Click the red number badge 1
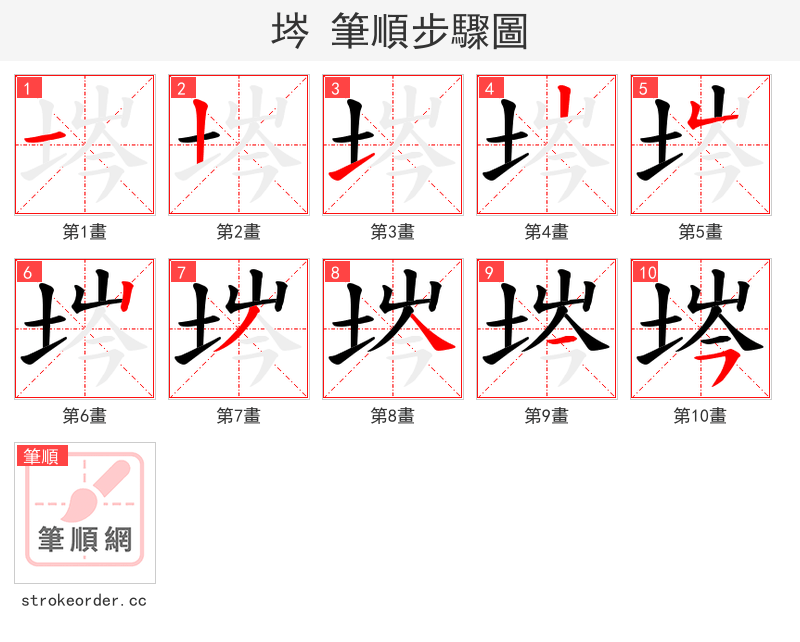coord(27,88)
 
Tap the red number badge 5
coord(643,88)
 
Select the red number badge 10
coord(646,272)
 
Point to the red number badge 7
coord(181,272)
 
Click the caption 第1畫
coord(85,232)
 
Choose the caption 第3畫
coord(393,232)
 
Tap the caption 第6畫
coord(85,415)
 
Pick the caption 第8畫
coord(393,415)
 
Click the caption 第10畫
coord(700,415)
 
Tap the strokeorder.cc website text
coord(84,601)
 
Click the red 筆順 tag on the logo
coord(43,456)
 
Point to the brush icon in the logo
coord(96,489)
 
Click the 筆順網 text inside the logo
coord(85,540)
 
